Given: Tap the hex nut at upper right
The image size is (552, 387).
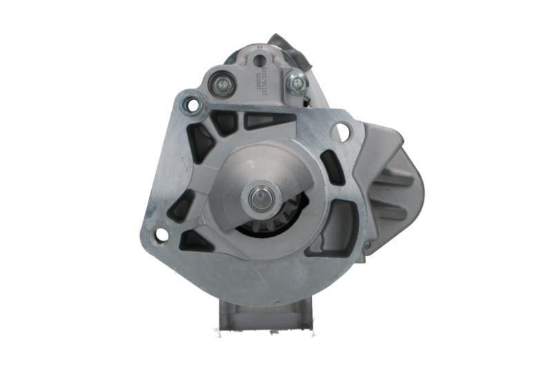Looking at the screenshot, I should click(x=297, y=83).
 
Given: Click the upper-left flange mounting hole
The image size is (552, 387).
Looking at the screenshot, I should click(x=190, y=106).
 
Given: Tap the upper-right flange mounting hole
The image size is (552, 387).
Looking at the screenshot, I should click(x=341, y=131).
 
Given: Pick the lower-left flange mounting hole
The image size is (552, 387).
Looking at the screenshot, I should click(x=161, y=235).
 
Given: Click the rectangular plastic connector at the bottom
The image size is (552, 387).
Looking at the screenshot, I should click(x=266, y=317).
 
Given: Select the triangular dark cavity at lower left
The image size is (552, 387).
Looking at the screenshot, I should click(x=193, y=241).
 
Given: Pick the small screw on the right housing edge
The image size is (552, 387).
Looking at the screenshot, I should click(x=366, y=245).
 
